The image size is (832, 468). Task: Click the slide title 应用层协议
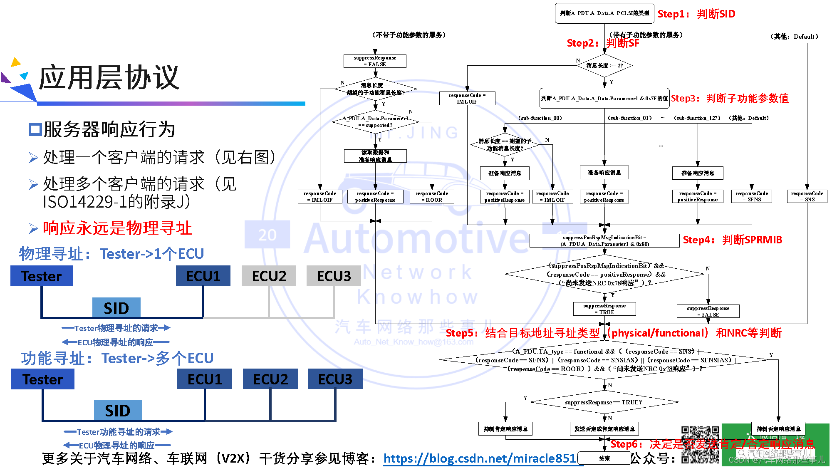tap(109, 78)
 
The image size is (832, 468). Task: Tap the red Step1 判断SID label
tap(696, 14)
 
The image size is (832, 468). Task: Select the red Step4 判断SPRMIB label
tap(732, 240)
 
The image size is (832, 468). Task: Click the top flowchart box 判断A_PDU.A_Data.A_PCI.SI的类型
tap(604, 13)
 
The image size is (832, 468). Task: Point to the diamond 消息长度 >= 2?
tap(604, 66)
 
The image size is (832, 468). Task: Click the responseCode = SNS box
tap(807, 196)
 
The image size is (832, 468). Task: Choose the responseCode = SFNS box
tap(752, 196)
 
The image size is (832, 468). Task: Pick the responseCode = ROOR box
tap(432, 197)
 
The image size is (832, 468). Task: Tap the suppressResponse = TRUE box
tap(604, 309)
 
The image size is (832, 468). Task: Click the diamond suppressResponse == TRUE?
tap(604, 402)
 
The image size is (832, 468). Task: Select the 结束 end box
tap(604, 458)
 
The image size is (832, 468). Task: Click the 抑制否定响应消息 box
tap(778, 429)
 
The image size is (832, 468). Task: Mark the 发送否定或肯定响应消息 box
tap(604, 429)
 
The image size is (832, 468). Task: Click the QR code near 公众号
tap(700, 444)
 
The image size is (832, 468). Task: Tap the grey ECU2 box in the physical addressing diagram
tap(269, 276)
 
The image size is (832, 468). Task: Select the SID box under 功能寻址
tap(118, 411)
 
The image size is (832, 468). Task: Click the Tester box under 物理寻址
tap(42, 276)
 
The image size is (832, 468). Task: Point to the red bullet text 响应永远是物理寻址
tap(117, 228)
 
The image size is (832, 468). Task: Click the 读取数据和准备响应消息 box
tap(375, 156)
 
